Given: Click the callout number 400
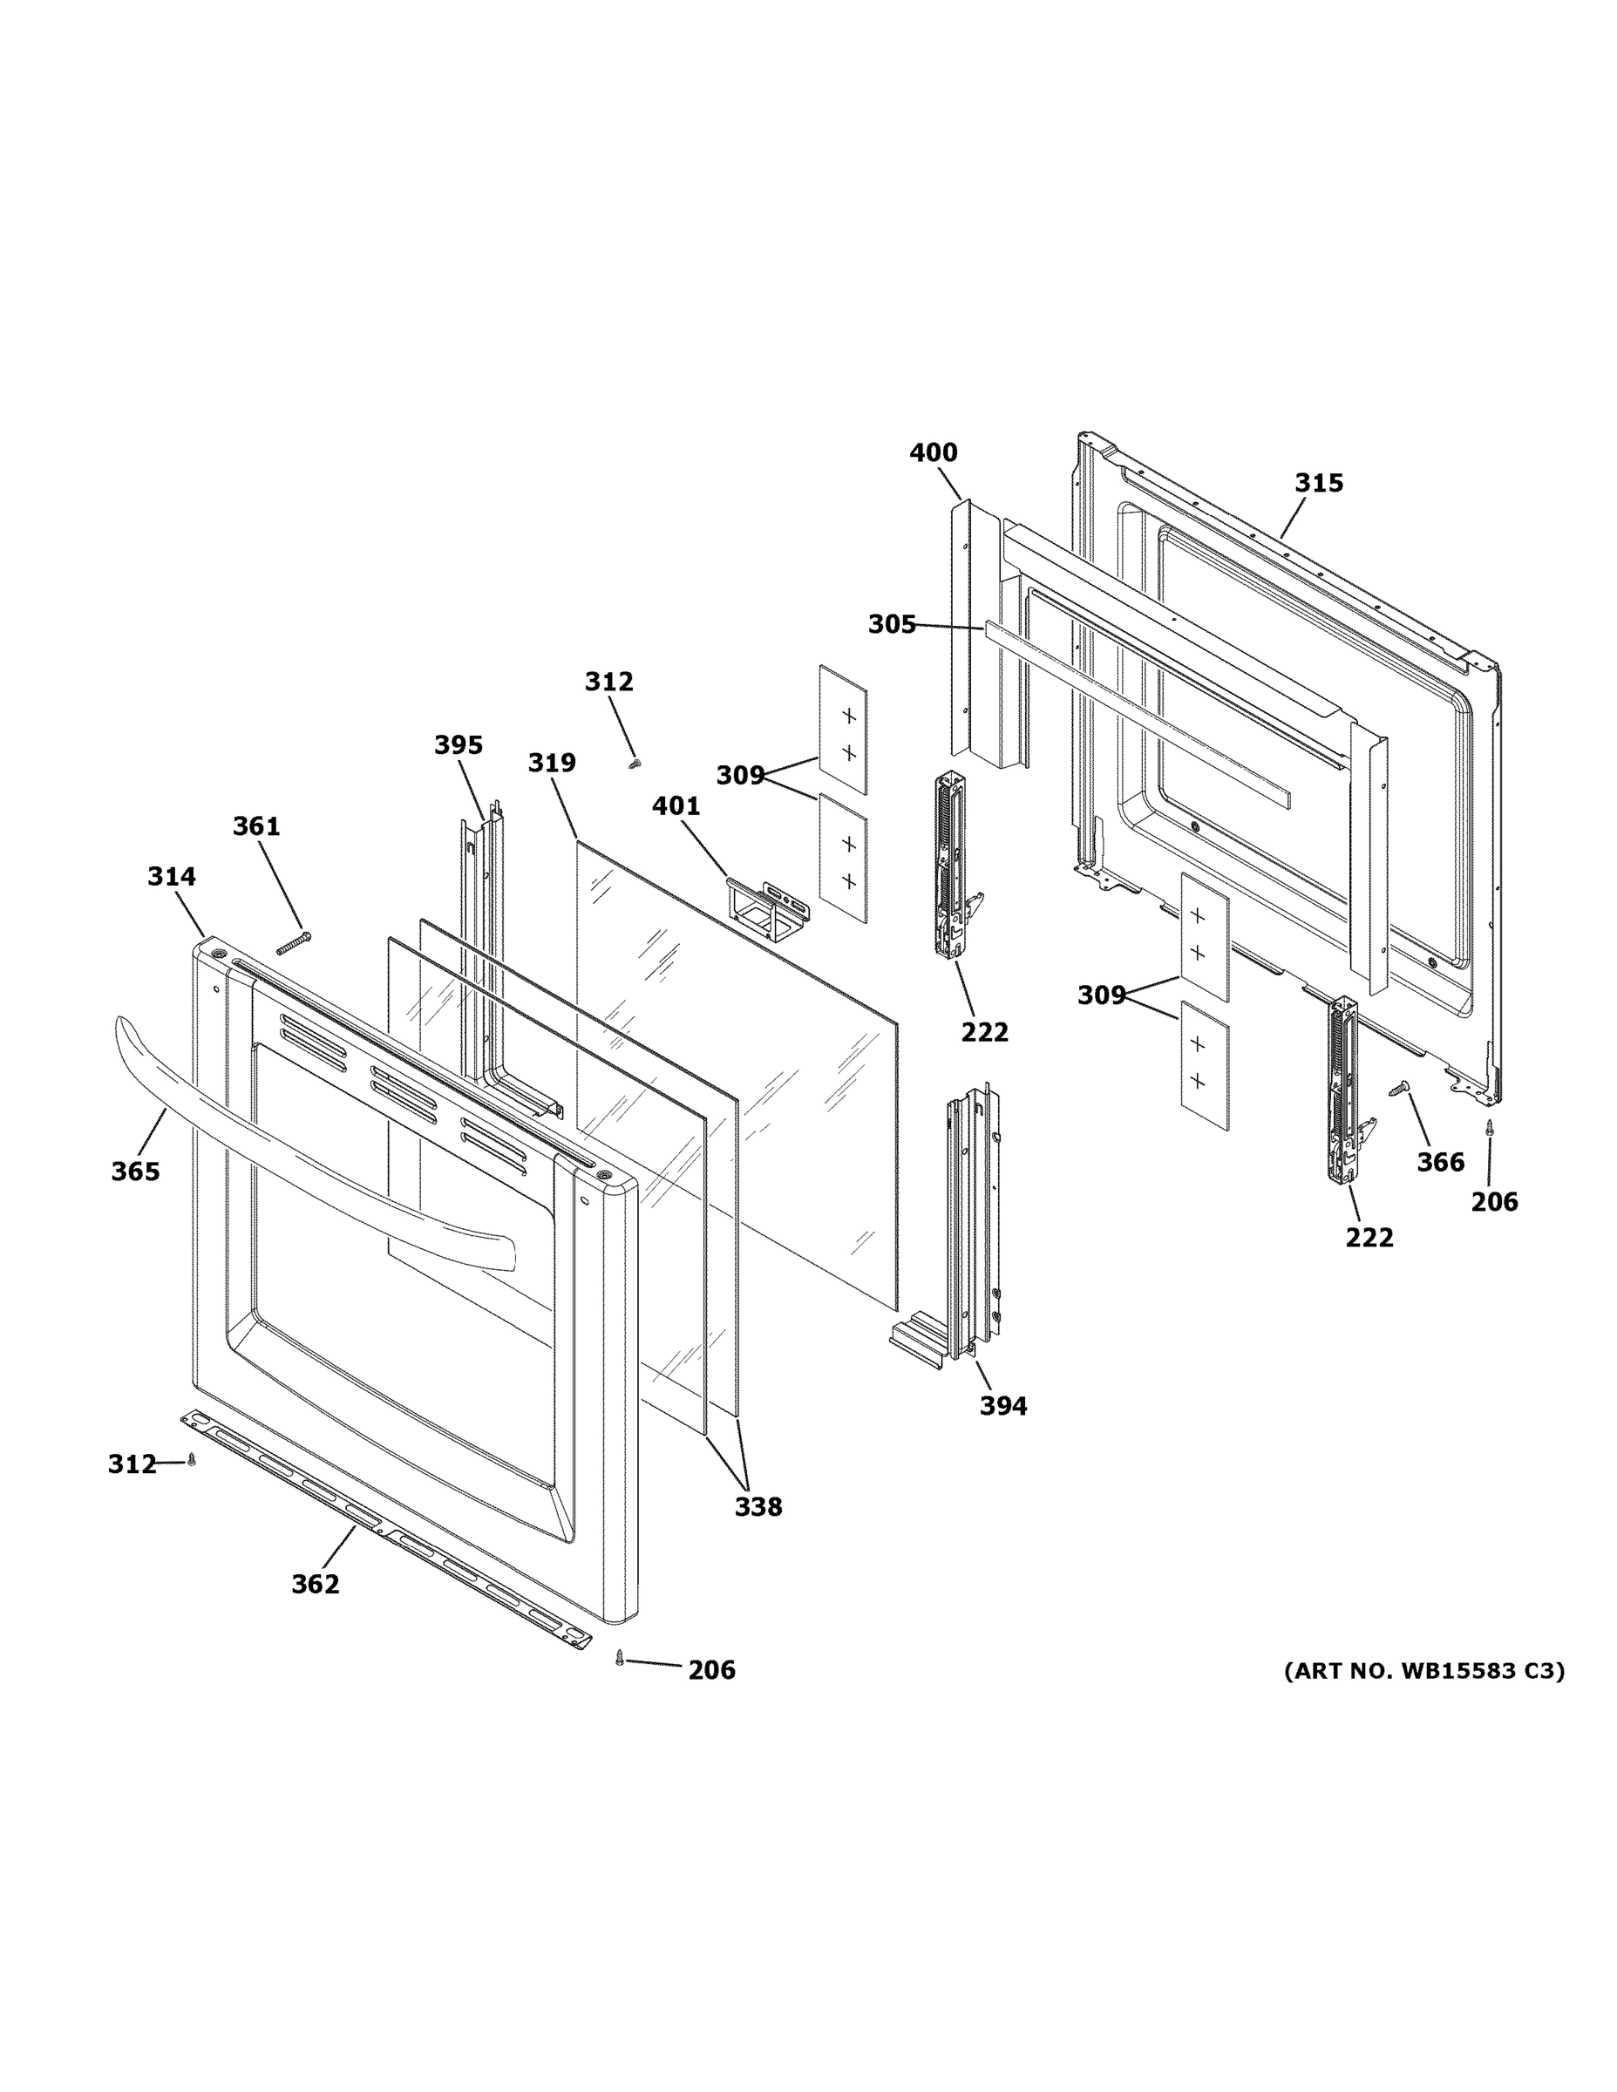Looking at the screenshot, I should coord(933,452).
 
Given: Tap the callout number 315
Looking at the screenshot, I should coord(1318,483).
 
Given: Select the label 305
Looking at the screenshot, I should coord(891,624).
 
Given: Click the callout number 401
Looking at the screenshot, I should coord(676,806).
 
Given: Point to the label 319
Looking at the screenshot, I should coord(552,763).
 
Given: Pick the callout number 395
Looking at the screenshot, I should coord(458,745).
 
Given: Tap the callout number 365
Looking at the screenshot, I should coord(135,1172).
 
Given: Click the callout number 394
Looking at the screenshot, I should coord(1003,1406).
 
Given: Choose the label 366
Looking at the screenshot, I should coord(1440,1163).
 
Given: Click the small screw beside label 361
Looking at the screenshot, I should coord(294,942).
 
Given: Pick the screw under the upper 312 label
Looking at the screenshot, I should coord(633,764).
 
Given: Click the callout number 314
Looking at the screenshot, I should coord(172,876).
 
